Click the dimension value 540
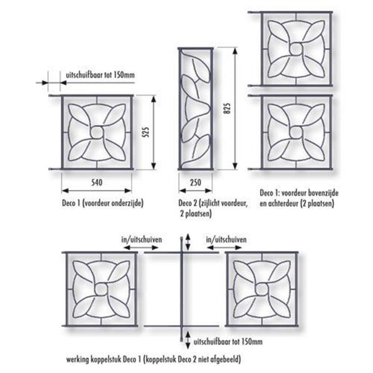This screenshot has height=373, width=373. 97,182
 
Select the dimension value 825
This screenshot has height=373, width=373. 228,108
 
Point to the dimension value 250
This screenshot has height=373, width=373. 196,182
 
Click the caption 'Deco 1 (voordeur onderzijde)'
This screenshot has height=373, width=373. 103,203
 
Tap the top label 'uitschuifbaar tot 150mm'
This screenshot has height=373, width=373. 100,75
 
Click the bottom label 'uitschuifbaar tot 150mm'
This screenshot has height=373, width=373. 228,342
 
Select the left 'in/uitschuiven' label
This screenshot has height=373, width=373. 142,239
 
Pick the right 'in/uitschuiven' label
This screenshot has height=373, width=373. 226,239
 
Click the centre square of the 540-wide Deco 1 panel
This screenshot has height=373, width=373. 96,132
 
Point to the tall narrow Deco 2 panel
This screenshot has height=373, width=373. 196,108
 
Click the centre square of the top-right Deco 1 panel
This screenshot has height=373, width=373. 296,48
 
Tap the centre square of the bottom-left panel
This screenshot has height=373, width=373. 102,289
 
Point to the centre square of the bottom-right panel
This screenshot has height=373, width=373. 261,289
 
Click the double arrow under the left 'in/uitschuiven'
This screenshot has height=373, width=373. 141,248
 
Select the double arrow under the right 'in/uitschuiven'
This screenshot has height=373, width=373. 224,248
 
